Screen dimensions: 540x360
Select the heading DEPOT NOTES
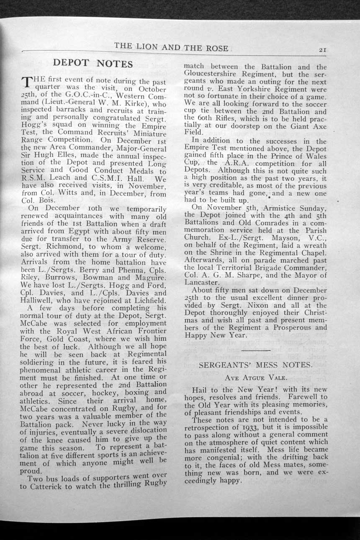(x=93, y=64)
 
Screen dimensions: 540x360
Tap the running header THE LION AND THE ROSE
(x=171, y=47)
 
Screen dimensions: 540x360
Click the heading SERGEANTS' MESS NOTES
(x=255, y=365)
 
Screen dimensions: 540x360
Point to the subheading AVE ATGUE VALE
(x=255, y=377)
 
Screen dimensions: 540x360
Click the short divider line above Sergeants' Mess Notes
(x=255, y=348)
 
